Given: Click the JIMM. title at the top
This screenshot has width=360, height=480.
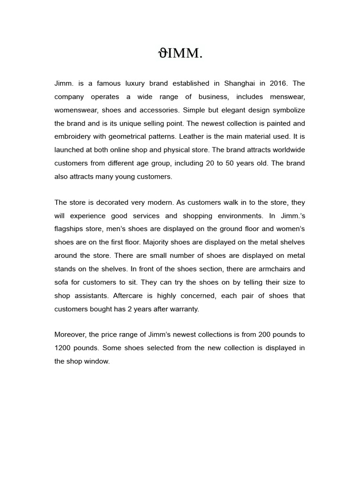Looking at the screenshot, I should [x=180, y=54].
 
